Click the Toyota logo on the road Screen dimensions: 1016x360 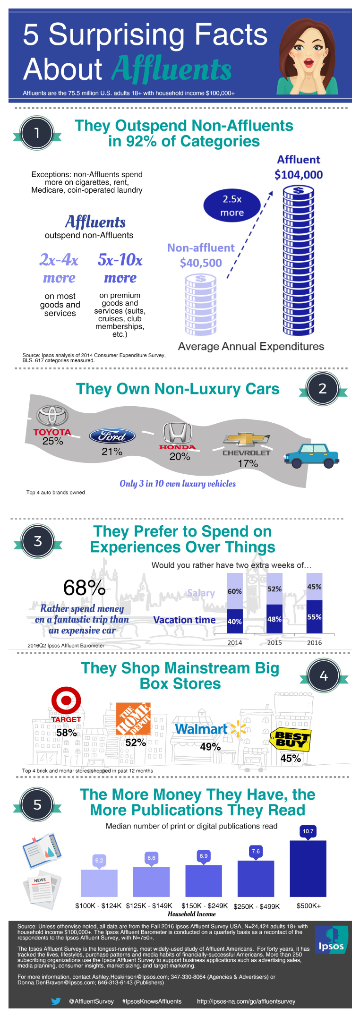click(52, 416)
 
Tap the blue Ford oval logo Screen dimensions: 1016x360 click(112, 436)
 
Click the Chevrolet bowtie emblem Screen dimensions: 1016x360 click(246, 439)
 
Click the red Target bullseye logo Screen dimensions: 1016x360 click(66, 700)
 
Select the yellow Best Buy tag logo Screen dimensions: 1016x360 click(290, 740)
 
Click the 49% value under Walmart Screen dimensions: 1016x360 click(210, 747)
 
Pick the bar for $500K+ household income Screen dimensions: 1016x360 click(308, 868)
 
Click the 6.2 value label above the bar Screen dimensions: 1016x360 click(99, 860)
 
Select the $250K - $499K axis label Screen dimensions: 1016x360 click(257, 906)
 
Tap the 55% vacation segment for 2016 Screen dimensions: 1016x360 click(314, 617)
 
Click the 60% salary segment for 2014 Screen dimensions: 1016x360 click(235, 591)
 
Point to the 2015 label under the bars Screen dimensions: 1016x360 click(274, 642)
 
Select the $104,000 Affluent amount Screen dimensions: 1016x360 click(299, 175)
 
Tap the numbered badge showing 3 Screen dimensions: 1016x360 click(38, 541)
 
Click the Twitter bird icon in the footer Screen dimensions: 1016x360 click(56, 1001)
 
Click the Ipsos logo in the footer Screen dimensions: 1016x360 click(331, 939)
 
